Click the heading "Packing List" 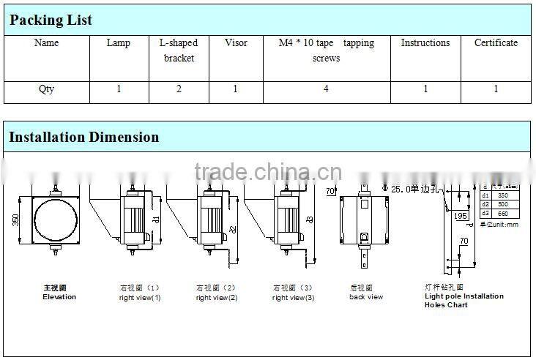click(51, 20)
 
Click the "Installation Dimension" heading click(83, 137)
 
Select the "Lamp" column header click(119, 43)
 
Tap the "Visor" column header click(235, 43)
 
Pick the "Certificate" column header click(496, 43)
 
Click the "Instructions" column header click(425, 43)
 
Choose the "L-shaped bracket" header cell click(178, 50)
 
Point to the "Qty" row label click(47, 89)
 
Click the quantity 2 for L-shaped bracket click(178, 89)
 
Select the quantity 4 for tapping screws click(326, 89)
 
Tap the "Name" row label click(47, 43)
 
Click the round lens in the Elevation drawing click(56, 220)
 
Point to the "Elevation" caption click(59, 297)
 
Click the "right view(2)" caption click(216, 298)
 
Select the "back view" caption click(365, 297)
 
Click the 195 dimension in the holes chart click(461, 215)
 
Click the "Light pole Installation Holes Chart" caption click(464, 300)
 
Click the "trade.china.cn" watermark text click(268, 173)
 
